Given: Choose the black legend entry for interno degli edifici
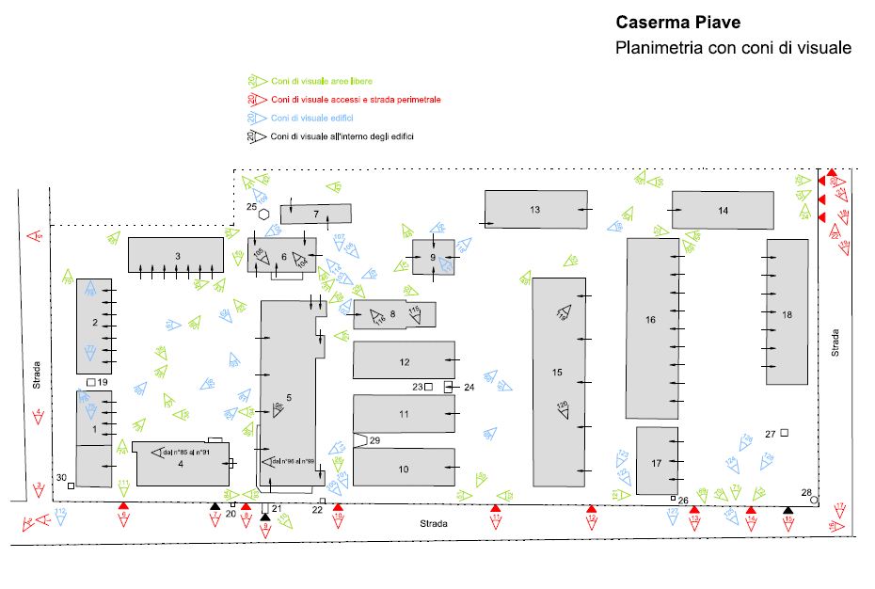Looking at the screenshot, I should click(x=342, y=136).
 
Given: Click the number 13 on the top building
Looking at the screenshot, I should click(x=534, y=209).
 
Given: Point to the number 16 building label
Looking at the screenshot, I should click(x=650, y=320).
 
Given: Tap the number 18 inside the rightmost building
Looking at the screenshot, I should click(x=787, y=315).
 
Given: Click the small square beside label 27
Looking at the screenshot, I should click(x=784, y=433).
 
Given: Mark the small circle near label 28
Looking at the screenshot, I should click(x=814, y=501).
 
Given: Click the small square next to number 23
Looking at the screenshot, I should click(x=428, y=387).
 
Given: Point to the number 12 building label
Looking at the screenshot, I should click(x=405, y=361).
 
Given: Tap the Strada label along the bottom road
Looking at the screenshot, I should click(x=434, y=523).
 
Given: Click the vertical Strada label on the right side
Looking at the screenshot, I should click(x=835, y=342).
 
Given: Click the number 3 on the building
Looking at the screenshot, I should click(x=177, y=256).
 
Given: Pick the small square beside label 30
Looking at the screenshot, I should click(x=71, y=486).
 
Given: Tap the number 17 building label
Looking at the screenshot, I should click(x=656, y=462).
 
